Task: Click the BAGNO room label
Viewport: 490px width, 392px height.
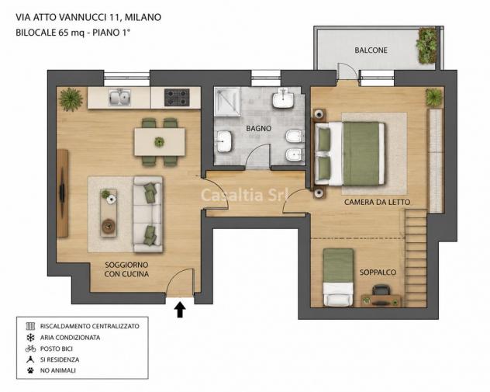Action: [258, 128]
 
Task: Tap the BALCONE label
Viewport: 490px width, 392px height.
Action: [371, 50]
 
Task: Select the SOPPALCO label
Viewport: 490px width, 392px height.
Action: [378, 272]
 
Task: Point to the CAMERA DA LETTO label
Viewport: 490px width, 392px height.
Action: [377, 202]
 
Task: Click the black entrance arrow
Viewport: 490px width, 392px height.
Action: [180, 310]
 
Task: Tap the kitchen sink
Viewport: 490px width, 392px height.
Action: [119, 97]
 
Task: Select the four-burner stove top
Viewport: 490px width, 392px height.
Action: [177, 97]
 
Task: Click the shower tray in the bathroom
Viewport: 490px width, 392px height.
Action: [227, 102]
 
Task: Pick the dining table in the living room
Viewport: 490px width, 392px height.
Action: [160, 142]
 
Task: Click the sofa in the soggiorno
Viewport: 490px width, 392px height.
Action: [148, 214]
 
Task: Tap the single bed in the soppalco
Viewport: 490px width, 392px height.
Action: [338, 277]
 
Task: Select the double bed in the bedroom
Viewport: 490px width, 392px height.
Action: [350, 154]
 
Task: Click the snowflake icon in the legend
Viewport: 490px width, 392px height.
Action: [30, 337]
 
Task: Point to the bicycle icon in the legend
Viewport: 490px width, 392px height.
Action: [30, 349]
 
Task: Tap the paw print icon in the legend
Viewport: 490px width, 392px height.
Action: [30, 370]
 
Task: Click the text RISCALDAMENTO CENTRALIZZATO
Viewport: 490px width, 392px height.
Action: [90, 326]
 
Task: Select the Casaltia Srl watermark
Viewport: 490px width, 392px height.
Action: [245, 195]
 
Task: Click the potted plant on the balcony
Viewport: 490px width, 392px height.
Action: [426, 46]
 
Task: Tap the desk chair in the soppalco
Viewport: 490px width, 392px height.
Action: [381, 290]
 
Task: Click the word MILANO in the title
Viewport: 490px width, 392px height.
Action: [143, 17]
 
